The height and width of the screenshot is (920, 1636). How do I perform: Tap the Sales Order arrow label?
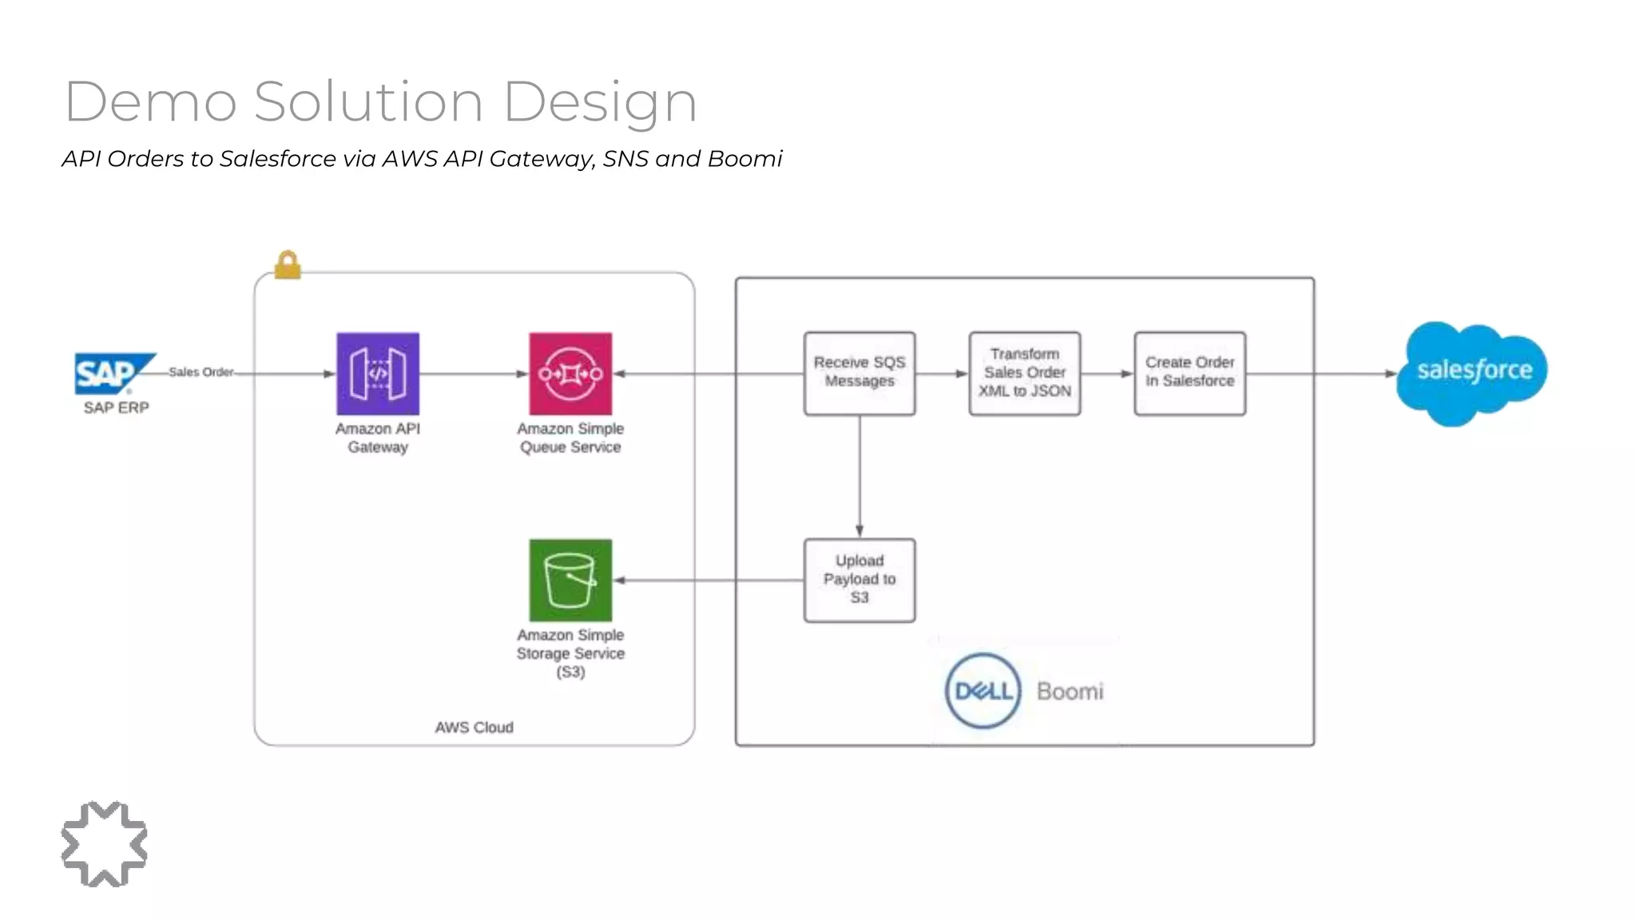click(201, 372)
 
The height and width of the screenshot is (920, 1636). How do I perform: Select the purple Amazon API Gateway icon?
click(378, 373)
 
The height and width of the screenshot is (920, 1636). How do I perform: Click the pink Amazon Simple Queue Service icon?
click(570, 373)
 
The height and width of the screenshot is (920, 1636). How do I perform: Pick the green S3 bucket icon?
click(570, 581)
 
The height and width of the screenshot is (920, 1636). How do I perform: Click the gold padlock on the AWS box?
click(288, 264)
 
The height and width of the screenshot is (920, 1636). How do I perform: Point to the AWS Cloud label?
click(474, 728)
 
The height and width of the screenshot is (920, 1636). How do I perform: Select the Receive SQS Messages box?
click(860, 373)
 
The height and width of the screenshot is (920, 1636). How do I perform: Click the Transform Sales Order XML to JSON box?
click(1025, 373)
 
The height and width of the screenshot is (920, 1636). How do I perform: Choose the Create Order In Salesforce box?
click(1189, 373)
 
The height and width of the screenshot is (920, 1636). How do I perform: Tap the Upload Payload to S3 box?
click(860, 580)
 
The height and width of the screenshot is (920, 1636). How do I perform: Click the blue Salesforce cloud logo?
click(1471, 372)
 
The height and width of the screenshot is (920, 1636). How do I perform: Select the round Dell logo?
click(983, 691)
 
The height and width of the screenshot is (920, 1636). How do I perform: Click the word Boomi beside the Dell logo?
click(1070, 691)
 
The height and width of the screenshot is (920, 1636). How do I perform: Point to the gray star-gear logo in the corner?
click(104, 844)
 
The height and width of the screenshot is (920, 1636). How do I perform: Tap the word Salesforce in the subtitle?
click(277, 159)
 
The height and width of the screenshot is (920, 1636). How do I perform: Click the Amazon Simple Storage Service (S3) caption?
click(570, 653)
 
